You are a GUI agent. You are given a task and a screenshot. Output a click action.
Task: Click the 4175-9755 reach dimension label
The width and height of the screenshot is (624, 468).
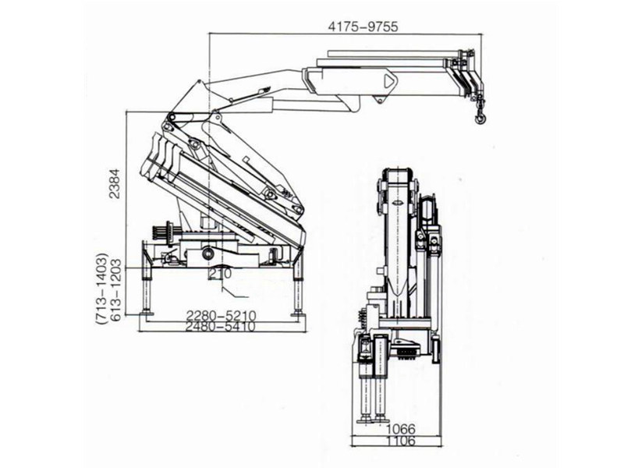click(x=363, y=26)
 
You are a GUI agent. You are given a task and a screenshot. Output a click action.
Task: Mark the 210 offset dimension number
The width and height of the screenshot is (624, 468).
click(x=218, y=275)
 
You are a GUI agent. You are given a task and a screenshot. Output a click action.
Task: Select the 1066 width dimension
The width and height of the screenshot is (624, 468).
click(x=401, y=428)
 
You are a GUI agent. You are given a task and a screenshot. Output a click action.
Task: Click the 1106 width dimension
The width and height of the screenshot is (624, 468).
click(x=401, y=441)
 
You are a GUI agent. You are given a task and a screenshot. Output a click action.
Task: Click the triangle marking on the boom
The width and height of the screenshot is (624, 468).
click(x=388, y=80)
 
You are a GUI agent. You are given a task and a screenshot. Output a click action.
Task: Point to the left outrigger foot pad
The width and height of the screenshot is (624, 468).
click(x=146, y=313)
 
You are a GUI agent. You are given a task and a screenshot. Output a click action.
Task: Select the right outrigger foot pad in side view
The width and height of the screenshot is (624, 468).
click(x=297, y=313)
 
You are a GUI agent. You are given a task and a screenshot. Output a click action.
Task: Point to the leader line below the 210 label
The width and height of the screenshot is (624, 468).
click(x=234, y=293)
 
